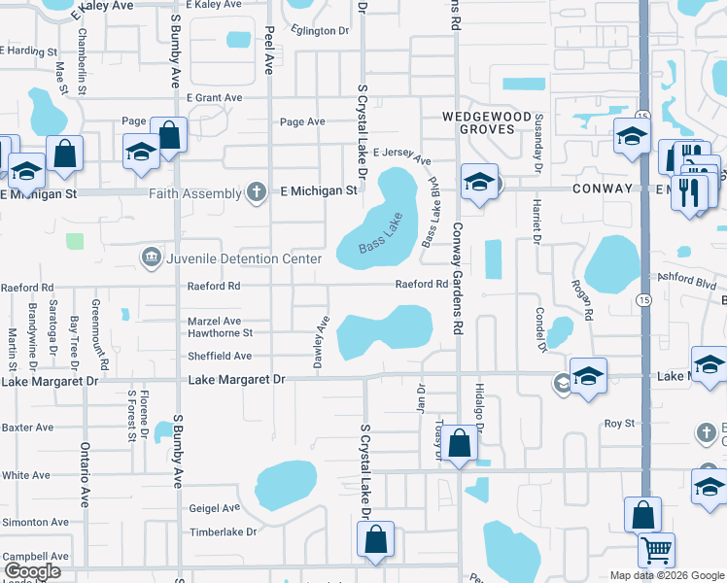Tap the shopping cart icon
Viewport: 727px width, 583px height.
657,550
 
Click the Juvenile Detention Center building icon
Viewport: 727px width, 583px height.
152,257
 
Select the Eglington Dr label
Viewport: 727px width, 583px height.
317,31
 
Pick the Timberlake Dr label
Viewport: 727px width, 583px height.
223,532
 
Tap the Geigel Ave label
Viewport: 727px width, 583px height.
214,507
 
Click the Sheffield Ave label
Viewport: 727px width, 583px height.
221,357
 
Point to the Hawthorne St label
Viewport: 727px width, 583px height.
220,331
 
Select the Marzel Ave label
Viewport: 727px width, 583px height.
214,321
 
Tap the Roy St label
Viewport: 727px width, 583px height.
619,424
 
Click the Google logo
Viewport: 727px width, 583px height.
31,571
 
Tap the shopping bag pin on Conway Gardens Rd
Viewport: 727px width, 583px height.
462,443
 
